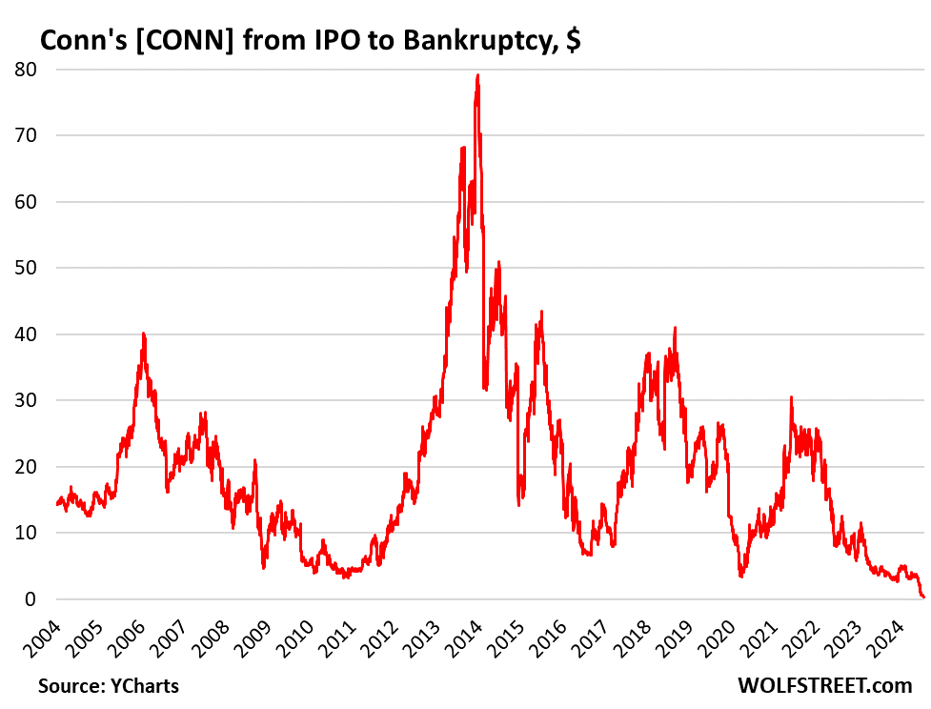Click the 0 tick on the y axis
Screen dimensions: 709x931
(30, 599)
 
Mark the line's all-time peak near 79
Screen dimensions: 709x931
(477, 75)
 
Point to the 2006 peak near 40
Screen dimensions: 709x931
(143, 334)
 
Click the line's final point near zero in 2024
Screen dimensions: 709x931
(922, 598)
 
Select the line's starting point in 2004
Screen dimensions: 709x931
(57, 504)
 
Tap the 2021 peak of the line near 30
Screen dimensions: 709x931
(791, 397)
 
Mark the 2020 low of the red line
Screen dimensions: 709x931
(740, 577)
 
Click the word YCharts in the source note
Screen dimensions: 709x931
(143, 685)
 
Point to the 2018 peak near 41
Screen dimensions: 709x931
(675, 328)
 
